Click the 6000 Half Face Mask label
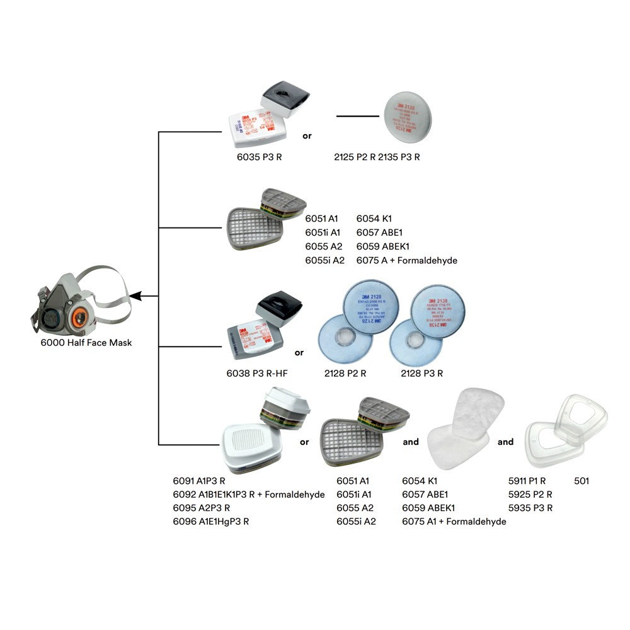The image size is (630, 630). click(86, 343)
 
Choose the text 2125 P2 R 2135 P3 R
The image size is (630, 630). click(377, 157)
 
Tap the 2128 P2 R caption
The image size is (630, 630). click(346, 373)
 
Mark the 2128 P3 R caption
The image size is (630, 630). click(421, 373)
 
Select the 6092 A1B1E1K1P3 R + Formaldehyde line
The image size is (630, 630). click(249, 495)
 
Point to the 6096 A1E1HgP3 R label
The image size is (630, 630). click(211, 522)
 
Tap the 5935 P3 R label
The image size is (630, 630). click(530, 508)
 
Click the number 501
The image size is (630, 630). click(581, 481)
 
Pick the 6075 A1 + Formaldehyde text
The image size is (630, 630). click(454, 522)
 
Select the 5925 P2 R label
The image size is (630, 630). click(530, 495)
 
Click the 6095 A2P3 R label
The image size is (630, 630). click(202, 508)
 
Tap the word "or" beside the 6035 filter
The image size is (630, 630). click(307, 135)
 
